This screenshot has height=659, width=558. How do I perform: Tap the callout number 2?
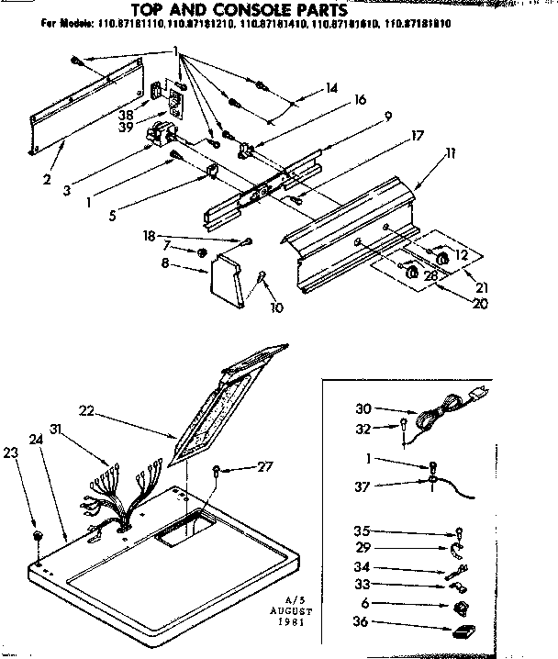[46, 179]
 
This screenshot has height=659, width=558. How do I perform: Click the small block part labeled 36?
[462, 629]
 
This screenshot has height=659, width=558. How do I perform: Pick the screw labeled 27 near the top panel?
[217, 470]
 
